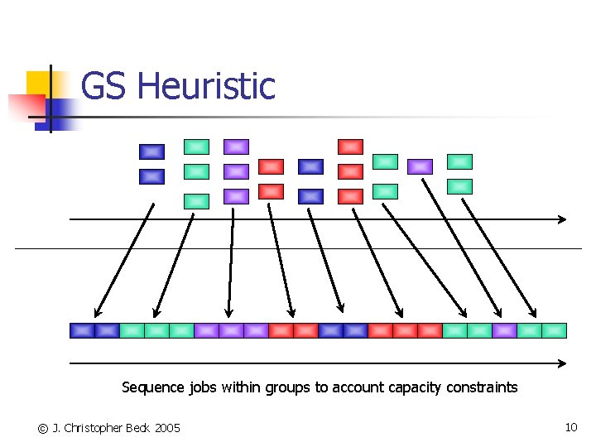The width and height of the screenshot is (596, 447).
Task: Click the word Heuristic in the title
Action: click(206, 87)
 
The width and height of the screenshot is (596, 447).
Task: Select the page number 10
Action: click(570, 427)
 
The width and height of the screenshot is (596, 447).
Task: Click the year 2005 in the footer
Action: click(167, 428)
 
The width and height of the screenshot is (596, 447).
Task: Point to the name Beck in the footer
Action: click(138, 428)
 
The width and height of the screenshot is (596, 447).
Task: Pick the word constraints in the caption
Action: click(482, 387)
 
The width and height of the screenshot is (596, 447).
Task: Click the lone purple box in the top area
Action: click(420, 166)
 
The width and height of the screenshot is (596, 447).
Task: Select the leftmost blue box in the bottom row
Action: click(82, 330)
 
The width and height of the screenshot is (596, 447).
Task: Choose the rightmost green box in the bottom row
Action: click(554, 330)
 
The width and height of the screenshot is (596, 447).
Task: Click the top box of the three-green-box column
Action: click(196, 147)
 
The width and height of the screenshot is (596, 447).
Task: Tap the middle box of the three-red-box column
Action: click(350, 171)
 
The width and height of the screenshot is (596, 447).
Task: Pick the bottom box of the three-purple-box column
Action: click(236, 196)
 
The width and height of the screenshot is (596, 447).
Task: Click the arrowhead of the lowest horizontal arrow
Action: click(562, 363)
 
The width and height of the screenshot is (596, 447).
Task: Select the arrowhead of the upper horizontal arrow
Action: click(562, 219)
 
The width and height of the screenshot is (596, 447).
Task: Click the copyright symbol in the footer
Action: click(42, 428)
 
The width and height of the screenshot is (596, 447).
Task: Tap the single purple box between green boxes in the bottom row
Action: click(504, 330)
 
